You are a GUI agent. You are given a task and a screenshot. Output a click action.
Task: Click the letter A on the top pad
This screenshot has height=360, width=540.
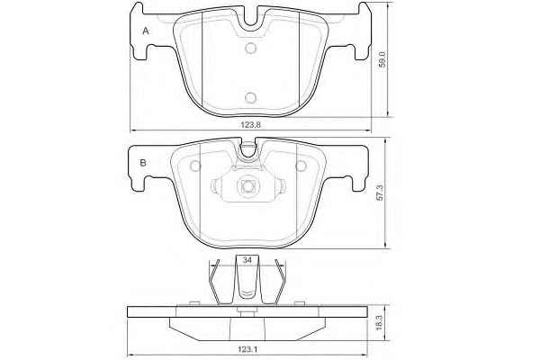(146, 31)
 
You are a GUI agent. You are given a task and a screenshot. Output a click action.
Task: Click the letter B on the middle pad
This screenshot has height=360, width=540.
(143, 163)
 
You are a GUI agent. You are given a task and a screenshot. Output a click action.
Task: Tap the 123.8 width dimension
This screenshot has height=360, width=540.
(250, 125)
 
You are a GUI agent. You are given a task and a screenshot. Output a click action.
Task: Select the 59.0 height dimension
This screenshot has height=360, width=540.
(382, 58)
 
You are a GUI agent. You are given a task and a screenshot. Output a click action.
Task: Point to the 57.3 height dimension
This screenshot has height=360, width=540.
(380, 192)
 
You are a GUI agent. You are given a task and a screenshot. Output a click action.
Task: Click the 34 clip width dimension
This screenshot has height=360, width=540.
(247, 260)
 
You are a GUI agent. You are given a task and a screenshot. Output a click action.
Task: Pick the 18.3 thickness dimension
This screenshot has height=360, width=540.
(378, 322)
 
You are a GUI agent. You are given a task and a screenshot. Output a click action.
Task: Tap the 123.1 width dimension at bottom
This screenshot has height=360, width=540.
(247, 349)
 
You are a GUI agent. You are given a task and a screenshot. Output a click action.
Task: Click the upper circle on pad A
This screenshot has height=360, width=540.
(251, 48)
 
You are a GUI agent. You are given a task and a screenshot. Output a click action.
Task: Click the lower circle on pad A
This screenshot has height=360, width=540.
(251, 98)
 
